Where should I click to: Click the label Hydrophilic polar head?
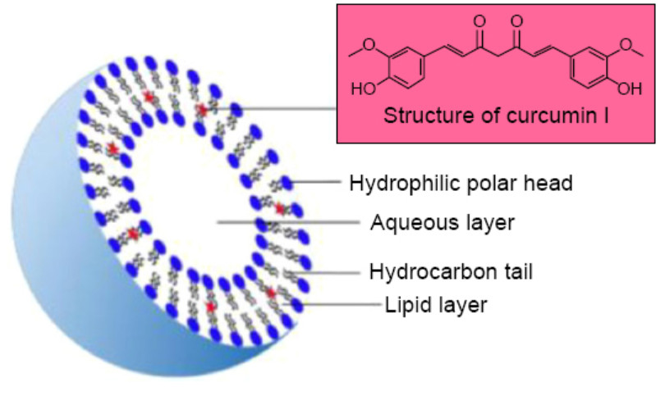[461, 182]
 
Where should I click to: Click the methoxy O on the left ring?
[374, 45]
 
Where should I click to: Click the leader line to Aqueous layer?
[287, 222]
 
